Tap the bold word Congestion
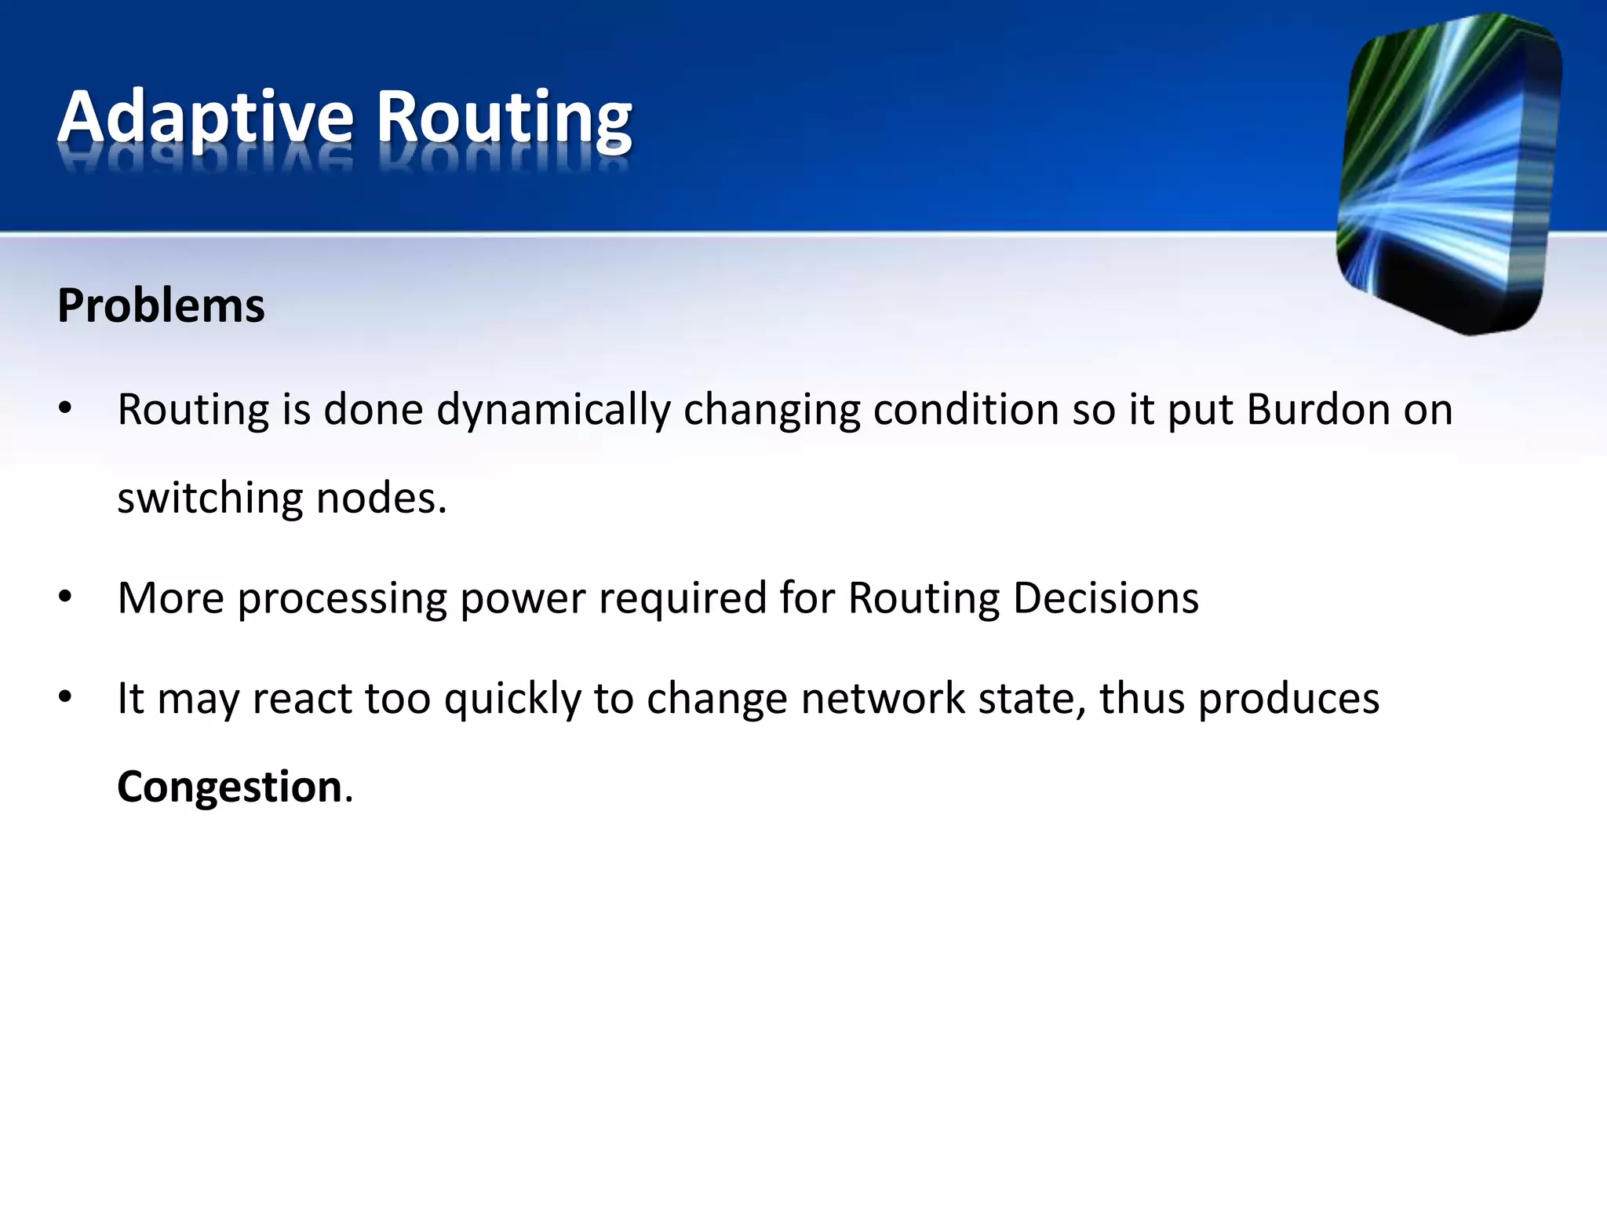coord(229,786)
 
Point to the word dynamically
coord(553,411)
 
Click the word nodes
coord(381,499)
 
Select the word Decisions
coord(1106,598)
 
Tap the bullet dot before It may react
coord(65,696)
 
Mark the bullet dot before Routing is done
coord(65,408)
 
